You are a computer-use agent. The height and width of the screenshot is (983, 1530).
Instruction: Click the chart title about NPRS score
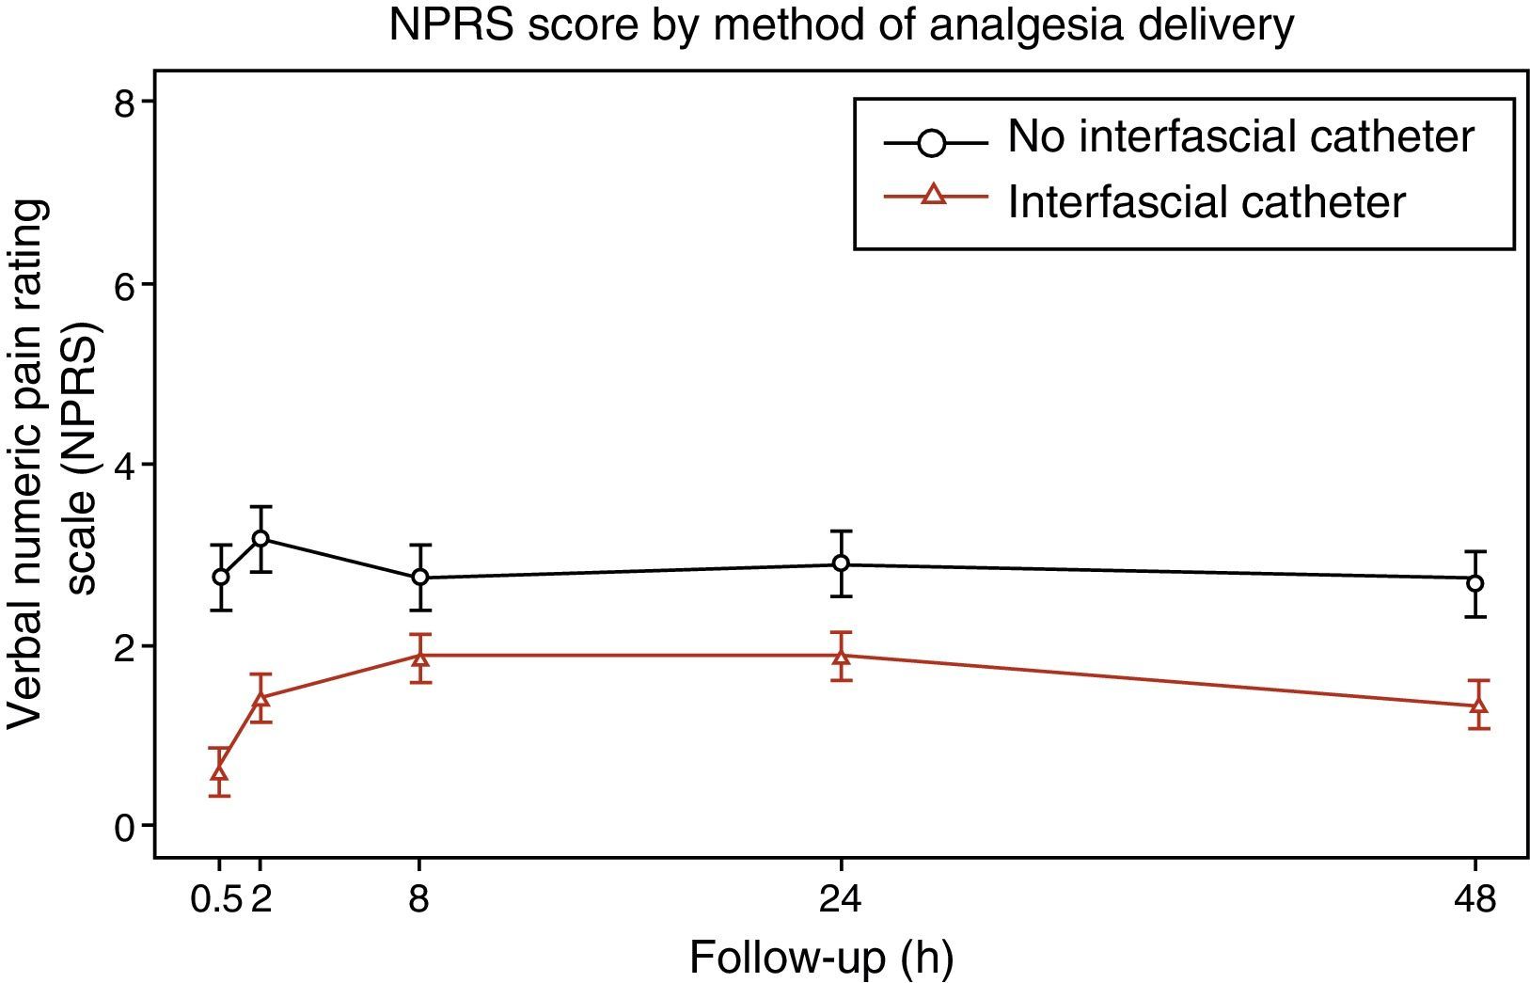(842, 26)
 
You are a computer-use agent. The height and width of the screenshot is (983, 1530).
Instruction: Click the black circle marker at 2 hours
(260, 538)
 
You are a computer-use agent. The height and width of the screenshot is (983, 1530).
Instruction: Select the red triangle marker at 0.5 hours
(220, 772)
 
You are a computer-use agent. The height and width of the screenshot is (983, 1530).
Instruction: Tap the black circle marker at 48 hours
(1475, 583)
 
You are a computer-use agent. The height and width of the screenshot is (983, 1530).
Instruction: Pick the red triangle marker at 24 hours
(841, 656)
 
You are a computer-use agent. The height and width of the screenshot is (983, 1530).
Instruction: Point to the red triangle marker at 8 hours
(420, 656)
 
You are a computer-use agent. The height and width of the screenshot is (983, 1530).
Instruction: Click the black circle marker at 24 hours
(841, 563)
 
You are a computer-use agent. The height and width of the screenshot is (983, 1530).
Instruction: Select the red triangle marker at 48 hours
(1478, 706)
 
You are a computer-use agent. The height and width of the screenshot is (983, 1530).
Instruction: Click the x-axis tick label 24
(841, 901)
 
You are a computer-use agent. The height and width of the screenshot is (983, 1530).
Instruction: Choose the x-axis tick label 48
(1475, 901)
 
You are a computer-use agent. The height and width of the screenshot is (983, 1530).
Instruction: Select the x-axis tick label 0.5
(217, 901)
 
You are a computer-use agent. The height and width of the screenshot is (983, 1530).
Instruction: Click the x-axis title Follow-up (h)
(821, 958)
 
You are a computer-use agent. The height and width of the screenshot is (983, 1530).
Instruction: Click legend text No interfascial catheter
(1240, 137)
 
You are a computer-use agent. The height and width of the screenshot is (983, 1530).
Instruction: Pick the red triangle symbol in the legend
(933, 196)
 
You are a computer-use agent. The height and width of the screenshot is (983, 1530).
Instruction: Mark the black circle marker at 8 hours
(420, 577)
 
